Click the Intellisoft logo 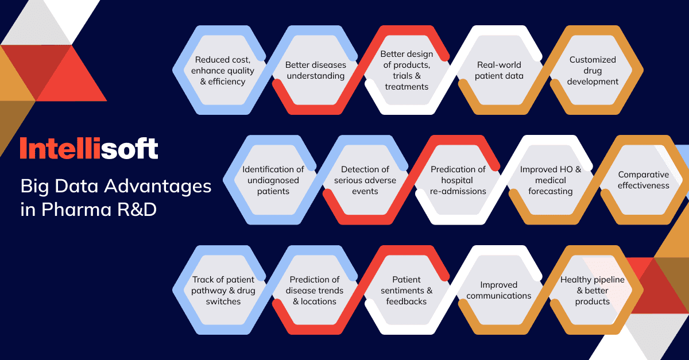89,148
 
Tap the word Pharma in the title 76,210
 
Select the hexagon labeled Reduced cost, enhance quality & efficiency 223,70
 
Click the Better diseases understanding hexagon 316,70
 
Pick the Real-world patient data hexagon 499,70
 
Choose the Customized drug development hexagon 593,70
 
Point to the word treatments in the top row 407,87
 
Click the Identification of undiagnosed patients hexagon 273,180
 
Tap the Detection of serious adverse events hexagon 365,180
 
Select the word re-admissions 458,191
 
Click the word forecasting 551,191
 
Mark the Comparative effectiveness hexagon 644,180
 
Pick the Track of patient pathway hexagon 223,290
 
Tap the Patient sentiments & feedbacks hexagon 407,290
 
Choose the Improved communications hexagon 499,290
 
